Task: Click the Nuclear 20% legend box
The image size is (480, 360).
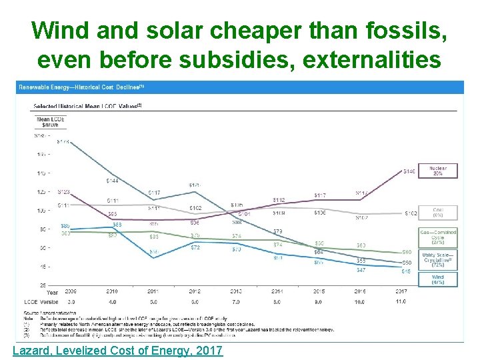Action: (x=438, y=171)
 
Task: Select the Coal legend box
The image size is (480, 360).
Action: (x=438, y=213)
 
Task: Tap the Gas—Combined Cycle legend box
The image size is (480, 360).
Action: (x=438, y=236)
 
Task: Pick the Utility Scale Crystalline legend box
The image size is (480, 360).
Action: (x=438, y=259)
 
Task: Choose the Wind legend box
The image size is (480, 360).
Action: (x=438, y=279)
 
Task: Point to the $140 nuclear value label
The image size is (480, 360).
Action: (x=410, y=171)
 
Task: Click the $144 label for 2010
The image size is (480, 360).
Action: (x=113, y=181)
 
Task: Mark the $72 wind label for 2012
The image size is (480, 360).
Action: (x=195, y=247)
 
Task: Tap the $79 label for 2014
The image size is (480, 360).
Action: (x=278, y=231)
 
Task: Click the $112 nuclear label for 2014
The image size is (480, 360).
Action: (x=279, y=200)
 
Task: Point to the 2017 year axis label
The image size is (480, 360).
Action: (x=402, y=292)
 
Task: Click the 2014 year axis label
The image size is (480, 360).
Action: (x=278, y=292)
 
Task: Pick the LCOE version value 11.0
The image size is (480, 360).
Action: (x=402, y=301)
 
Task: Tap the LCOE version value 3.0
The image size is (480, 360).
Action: (x=71, y=301)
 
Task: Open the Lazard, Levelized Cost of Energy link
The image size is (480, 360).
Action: (x=117, y=351)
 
